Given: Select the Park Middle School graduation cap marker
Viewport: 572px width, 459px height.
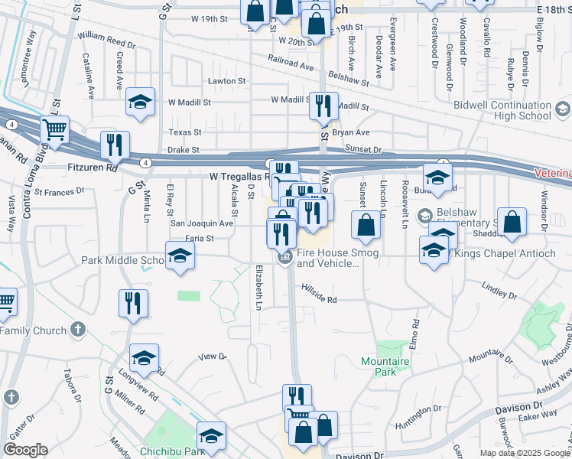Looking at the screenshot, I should click(x=179, y=256).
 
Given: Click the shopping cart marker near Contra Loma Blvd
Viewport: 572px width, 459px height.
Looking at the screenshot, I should click(x=54, y=131).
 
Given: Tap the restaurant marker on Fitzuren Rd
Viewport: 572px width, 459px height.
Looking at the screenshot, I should click(x=115, y=145).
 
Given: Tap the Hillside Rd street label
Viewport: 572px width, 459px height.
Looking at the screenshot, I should click(x=319, y=299).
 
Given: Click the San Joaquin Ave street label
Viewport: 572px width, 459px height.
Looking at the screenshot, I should click(x=201, y=223).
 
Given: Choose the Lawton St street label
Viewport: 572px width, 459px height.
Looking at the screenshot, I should click(x=226, y=80).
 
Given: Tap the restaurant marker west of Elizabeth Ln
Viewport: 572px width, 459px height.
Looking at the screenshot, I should click(x=133, y=304).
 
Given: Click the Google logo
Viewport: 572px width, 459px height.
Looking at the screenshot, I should click(x=25, y=449).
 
